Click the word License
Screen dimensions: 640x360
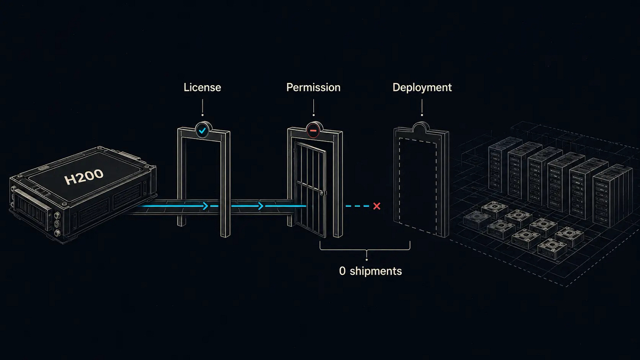[x=202, y=87]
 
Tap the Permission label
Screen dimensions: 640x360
[x=313, y=87]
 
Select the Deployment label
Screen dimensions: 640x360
[x=422, y=87]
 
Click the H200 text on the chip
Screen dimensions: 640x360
[x=84, y=176]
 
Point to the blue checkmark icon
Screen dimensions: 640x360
[x=202, y=131]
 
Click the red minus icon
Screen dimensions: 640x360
[x=313, y=131]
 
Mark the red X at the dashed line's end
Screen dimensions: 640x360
[x=377, y=206]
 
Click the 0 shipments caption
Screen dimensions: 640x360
[x=370, y=271]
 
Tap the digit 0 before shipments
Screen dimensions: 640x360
[x=342, y=271]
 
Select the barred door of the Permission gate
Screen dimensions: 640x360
[x=310, y=189]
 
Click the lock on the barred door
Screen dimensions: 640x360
[x=322, y=193]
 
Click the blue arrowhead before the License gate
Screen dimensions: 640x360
[x=205, y=206]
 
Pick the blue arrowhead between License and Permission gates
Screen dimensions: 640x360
[x=260, y=206]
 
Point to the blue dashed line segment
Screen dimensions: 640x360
[x=357, y=206]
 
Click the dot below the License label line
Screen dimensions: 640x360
[x=203, y=115]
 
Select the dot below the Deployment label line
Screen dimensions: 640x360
[x=422, y=115]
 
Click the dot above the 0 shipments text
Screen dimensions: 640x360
[x=367, y=260]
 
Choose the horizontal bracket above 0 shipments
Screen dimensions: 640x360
[x=365, y=250]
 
